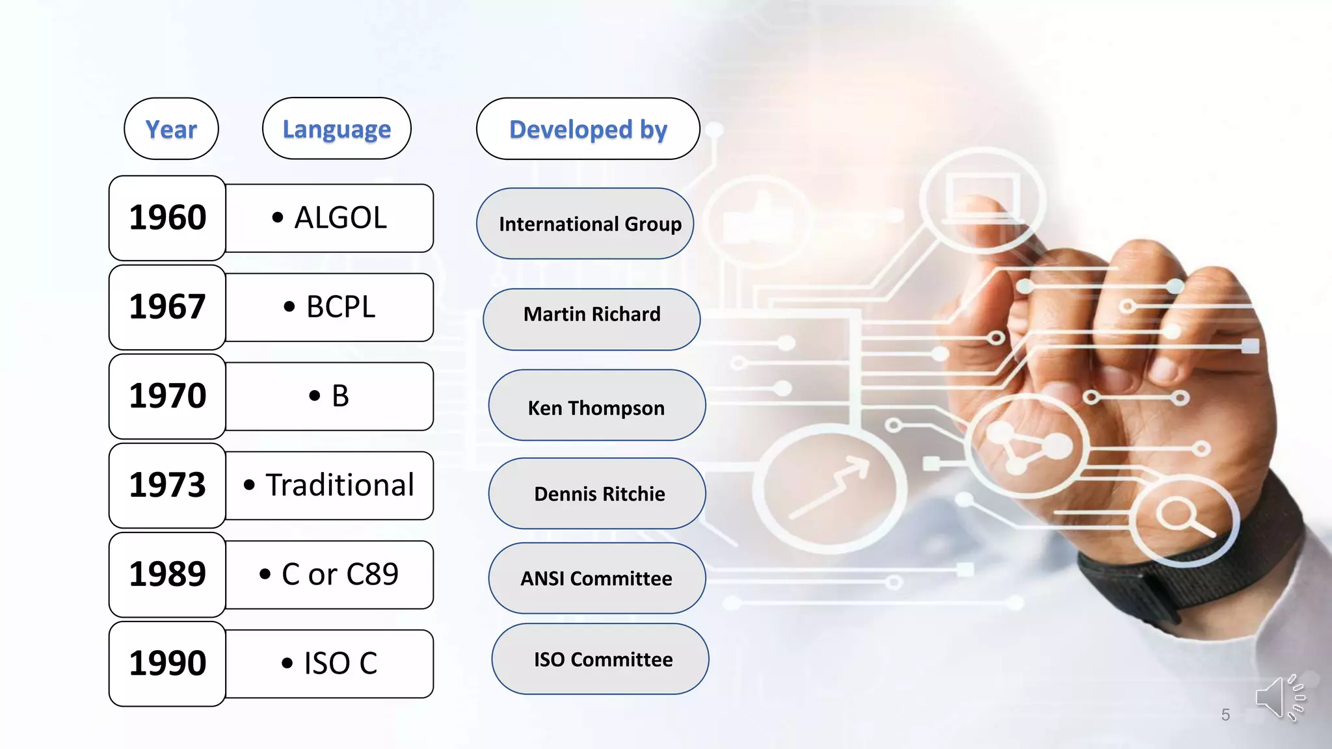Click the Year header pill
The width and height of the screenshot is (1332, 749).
pos(171,129)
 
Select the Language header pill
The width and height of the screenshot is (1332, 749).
pos(336,129)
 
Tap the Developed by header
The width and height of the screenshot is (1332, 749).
pos(588,129)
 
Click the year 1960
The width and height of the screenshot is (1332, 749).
pos(167,218)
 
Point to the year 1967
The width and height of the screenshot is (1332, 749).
pos(167,307)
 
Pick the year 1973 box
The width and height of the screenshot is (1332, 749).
pos(167,485)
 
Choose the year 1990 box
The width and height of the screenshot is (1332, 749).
pos(167,663)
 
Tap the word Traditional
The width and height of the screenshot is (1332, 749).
pos(340,485)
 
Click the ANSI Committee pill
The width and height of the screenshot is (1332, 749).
pos(596,578)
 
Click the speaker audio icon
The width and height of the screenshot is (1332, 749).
pos(1279,698)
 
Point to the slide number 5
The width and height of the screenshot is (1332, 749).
pos(1225,715)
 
